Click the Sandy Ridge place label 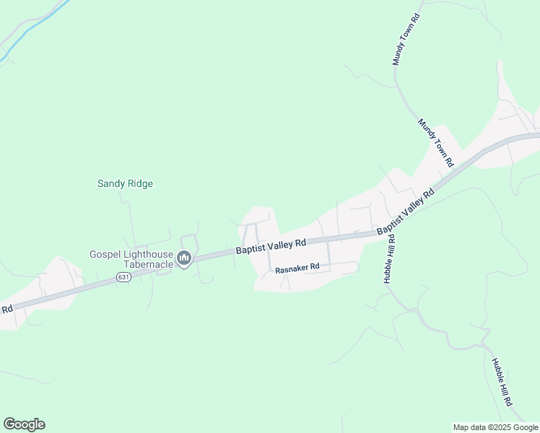coord(125,183)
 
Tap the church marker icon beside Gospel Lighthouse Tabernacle coord(184,259)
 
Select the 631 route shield coord(123,277)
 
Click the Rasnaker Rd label coord(297,267)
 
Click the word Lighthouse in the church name coord(148,254)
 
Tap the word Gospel coord(104,254)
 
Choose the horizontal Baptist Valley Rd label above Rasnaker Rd coord(271,247)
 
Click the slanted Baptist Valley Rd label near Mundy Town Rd coord(406,210)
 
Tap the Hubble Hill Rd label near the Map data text coord(502,382)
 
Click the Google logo coord(24,424)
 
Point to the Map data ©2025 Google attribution coord(495,427)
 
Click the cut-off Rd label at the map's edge coord(6,309)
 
